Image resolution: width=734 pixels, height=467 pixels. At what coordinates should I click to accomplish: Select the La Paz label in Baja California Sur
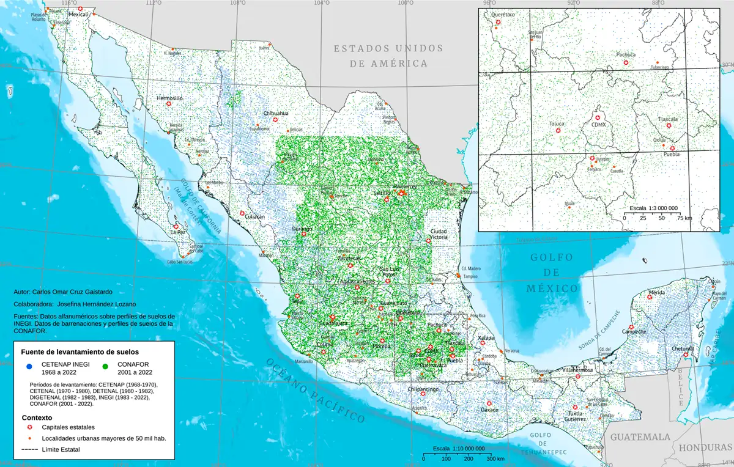click(178, 232)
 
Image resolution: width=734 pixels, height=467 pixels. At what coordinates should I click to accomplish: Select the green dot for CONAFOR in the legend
click(106, 367)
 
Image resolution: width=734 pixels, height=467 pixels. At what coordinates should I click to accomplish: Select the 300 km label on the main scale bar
click(496, 458)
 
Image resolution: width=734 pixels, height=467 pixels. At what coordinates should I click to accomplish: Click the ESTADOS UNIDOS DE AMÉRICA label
click(388, 55)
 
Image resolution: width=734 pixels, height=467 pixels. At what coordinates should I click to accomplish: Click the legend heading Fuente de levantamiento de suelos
click(80, 352)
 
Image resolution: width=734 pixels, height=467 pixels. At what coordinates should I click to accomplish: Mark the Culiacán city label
click(254, 216)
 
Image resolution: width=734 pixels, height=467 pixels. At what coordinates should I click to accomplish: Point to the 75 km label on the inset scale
click(681, 218)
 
